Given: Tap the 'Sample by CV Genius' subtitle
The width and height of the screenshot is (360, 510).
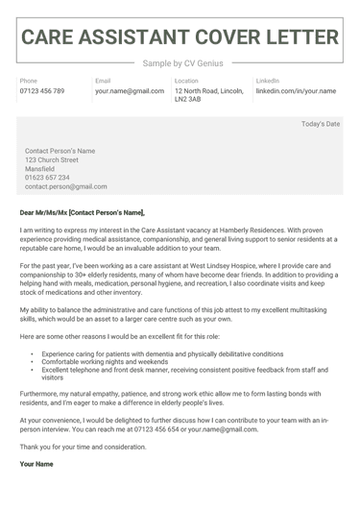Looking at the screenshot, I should tap(180, 63).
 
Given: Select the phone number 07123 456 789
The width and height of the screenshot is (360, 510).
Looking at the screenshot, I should tap(42, 91).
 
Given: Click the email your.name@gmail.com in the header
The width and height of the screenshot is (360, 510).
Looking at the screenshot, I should tap(130, 91).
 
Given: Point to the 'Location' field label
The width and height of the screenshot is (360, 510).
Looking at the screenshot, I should tap(186, 81).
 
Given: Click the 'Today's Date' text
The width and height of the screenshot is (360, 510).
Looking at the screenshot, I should tap(321, 124).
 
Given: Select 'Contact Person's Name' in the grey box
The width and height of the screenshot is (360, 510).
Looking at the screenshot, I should tap(60, 151).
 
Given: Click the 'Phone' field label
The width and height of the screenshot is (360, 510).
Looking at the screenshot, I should tap(29, 81).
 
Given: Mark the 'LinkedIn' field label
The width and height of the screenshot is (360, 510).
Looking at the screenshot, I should tap(268, 81).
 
